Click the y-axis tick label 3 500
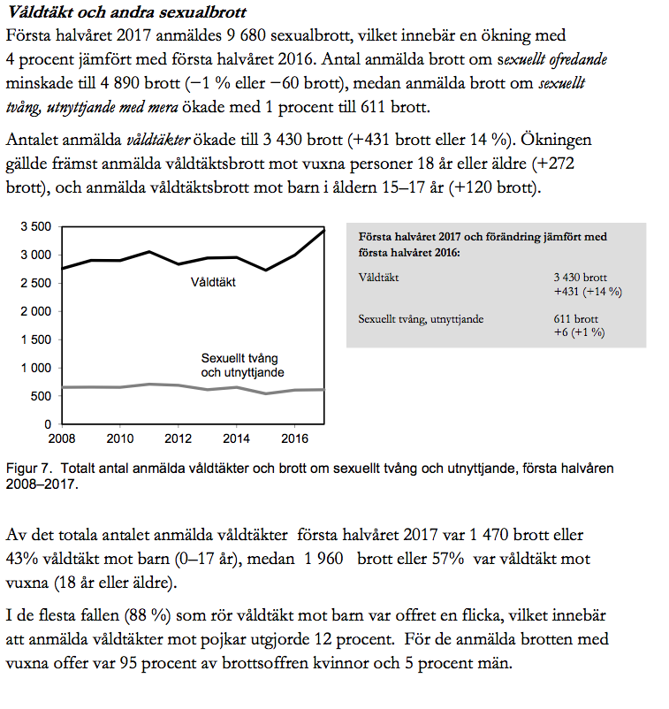[x=36, y=226]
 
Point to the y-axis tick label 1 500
[x=36, y=340]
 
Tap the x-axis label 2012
[x=179, y=438]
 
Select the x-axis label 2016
[x=294, y=438]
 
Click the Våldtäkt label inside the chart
[x=213, y=282]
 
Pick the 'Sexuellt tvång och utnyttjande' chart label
[x=242, y=365]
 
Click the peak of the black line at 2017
[x=324, y=230]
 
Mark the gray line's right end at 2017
[x=324, y=389]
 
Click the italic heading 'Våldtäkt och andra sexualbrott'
[x=127, y=12]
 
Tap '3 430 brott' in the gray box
[x=580, y=278]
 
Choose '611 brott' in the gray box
[x=576, y=319]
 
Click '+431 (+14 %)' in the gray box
[x=588, y=292]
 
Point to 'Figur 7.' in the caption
[x=29, y=469]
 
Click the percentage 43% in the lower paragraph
[x=22, y=559]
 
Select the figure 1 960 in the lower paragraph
[x=323, y=559]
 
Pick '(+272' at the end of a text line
[x=553, y=164]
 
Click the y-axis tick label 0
[x=48, y=424]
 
